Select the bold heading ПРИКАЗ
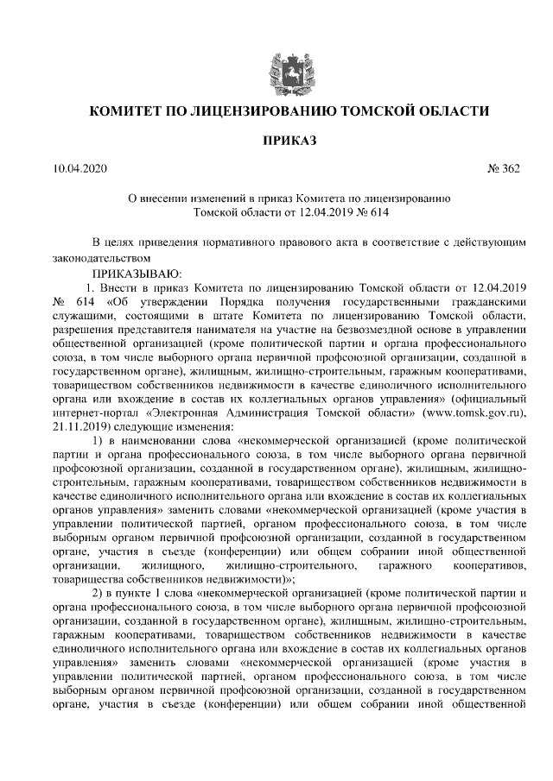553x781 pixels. click(x=276, y=140)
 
